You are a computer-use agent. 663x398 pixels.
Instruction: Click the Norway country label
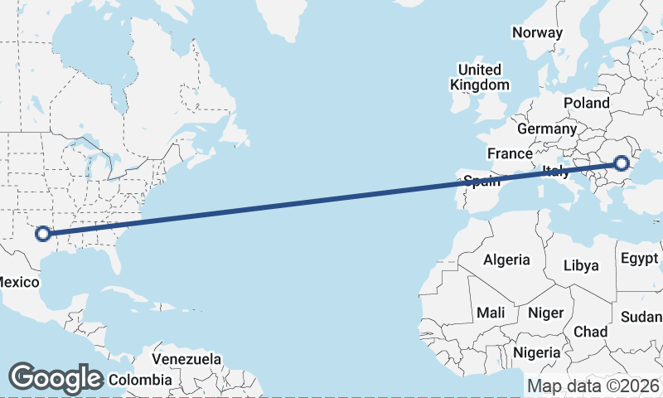(537, 32)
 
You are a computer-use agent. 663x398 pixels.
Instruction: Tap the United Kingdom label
(479, 77)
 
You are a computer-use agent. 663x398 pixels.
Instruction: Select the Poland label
(586, 103)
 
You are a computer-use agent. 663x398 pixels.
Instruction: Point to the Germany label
(546, 129)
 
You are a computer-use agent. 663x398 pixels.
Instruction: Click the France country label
(510, 154)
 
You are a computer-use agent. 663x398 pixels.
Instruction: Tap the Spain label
(481, 182)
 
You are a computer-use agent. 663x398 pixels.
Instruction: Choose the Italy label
(555, 172)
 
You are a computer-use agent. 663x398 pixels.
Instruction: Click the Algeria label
(506, 260)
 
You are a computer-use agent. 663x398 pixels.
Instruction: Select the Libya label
(580, 265)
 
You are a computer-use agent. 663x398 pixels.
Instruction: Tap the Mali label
(491, 313)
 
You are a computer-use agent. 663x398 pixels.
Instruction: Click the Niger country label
(545, 313)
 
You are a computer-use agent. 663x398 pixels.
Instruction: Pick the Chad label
(590, 332)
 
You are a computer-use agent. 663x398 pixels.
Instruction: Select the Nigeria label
(536, 353)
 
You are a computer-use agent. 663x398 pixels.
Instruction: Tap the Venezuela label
(186, 359)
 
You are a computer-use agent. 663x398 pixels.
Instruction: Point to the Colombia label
(139, 380)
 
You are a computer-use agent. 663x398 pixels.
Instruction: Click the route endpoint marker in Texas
(44, 234)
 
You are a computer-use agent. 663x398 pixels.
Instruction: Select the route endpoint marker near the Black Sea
(621, 163)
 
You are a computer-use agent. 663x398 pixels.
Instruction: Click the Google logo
(56, 378)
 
